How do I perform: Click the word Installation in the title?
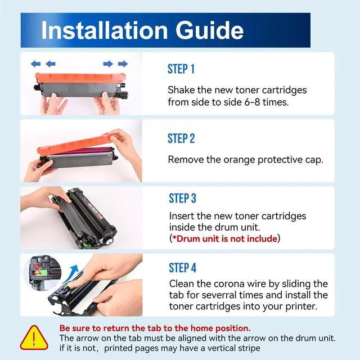pyautogui.click(x=105, y=30)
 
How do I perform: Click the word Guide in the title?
pyautogui.click(x=209, y=30)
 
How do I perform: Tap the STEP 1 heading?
pyautogui.click(x=181, y=69)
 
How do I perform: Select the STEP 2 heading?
pyautogui.click(x=181, y=138)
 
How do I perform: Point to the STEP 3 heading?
pyautogui.click(x=182, y=199)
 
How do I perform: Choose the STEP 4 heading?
pyautogui.click(x=182, y=268)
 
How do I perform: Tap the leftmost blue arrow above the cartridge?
pyautogui.click(x=35, y=64)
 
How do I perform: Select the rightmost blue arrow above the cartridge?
pyautogui.click(x=123, y=64)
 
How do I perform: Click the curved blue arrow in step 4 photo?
pyautogui.click(x=71, y=273)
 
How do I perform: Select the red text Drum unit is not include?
pyautogui.click(x=227, y=238)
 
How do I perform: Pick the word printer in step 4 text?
pyautogui.click(x=301, y=307)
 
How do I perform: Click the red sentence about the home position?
pyautogui.click(x=155, y=328)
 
